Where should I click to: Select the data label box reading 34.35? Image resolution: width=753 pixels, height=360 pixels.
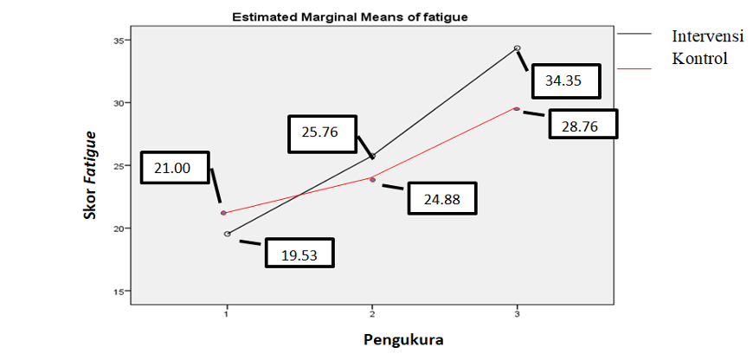tap(563, 81)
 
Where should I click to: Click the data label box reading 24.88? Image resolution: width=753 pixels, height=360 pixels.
tap(441, 199)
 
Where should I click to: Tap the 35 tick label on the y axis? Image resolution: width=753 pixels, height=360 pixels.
tap(119, 41)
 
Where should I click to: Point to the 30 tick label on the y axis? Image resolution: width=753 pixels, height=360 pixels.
tap(119, 103)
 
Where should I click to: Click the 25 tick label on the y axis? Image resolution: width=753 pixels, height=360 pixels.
tap(119, 165)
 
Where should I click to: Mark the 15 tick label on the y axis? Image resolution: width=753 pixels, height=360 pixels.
tap(119, 291)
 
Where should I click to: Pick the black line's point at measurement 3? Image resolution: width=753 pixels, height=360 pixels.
tap(518, 48)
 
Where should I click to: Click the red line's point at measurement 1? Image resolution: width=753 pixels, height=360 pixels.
tap(224, 213)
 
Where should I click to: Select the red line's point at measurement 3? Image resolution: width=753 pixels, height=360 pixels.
tap(517, 109)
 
